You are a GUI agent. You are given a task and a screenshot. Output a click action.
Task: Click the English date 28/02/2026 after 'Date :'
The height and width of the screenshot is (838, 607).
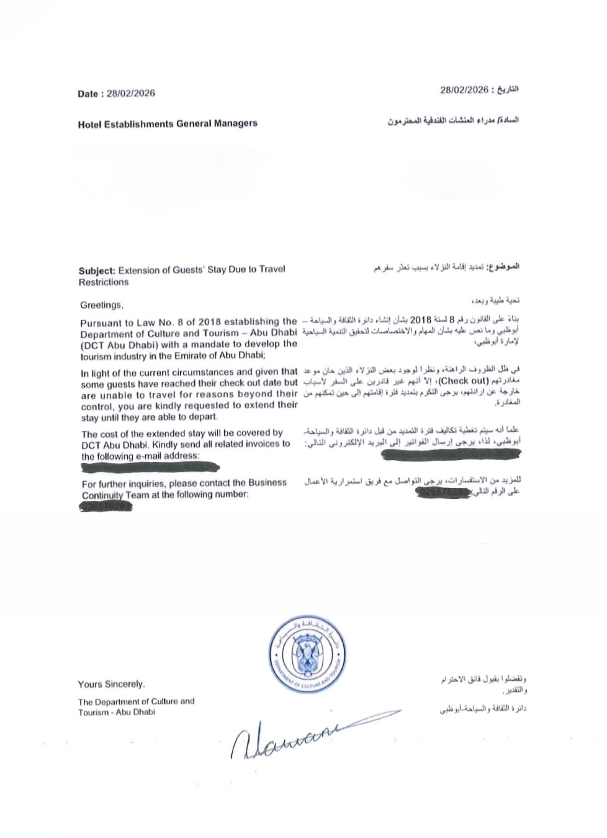point(131,93)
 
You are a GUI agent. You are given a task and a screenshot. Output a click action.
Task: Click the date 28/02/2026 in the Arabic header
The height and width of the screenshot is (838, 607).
point(464,90)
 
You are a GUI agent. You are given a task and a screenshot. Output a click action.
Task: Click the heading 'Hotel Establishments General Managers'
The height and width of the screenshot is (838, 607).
point(168,124)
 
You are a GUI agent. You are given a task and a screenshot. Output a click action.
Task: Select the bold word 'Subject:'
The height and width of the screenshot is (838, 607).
point(97,271)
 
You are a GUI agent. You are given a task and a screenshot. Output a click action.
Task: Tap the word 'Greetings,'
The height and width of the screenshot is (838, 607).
point(102,305)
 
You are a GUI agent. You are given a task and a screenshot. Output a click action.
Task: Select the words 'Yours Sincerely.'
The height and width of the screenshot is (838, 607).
point(112,684)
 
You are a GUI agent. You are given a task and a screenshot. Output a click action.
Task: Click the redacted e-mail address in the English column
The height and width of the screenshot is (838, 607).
point(149,467)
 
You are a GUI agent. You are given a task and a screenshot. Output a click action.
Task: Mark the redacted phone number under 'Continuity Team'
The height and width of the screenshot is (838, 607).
point(106,507)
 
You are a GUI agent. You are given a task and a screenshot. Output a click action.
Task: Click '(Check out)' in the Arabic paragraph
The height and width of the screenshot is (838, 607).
point(464,381)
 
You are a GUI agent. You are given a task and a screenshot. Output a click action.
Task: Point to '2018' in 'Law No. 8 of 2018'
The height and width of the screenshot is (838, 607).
point(210,322)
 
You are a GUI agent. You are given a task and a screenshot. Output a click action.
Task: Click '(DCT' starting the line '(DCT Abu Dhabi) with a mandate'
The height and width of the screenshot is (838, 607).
point(92,345)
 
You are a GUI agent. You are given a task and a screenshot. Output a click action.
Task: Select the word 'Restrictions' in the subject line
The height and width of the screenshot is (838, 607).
point(104,282)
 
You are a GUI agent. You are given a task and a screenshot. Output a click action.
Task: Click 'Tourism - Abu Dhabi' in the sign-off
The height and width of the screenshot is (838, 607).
point(117,712)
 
